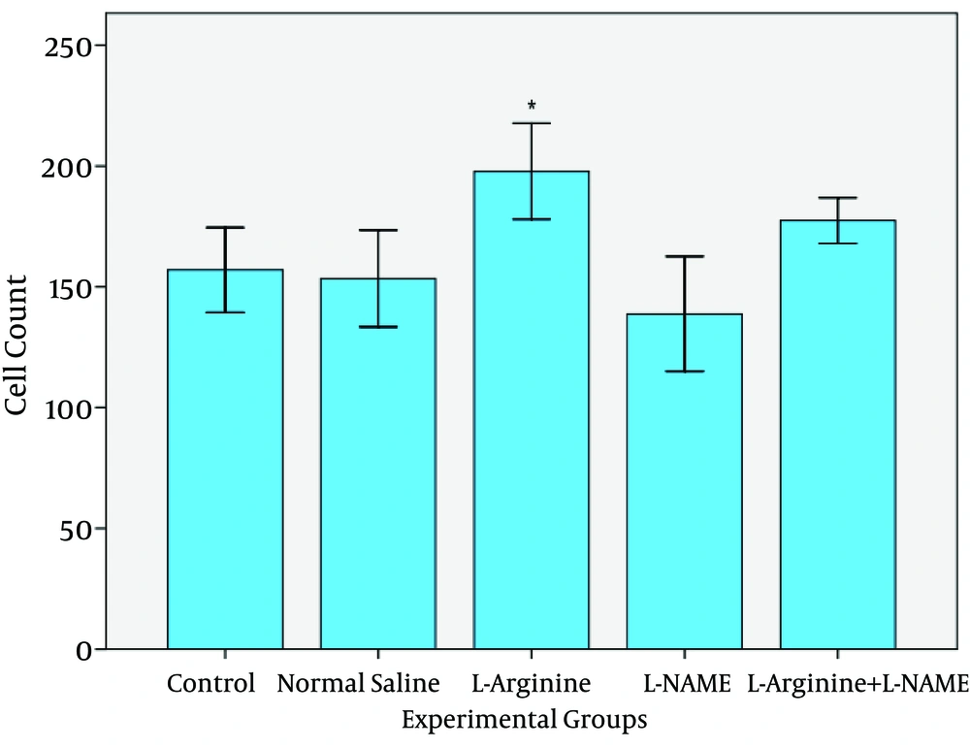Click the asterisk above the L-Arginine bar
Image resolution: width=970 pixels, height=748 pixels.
(x=532, y=106)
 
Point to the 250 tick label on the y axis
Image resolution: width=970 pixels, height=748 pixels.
(x=74, y=47)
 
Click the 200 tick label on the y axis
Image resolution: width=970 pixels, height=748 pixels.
(x=74, y=167)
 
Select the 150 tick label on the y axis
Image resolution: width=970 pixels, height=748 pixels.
(x=74, y=288)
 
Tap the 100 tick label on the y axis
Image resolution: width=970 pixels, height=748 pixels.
(x=74, y=408)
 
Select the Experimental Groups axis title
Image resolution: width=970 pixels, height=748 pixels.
(x=525, y=721)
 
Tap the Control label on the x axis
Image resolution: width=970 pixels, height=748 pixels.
(x=211, y=683)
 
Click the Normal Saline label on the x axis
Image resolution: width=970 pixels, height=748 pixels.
(x=358, y=683)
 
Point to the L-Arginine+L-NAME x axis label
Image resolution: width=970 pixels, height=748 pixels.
(x=857, y=683)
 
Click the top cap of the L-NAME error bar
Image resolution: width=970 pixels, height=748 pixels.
(x=685, y=256)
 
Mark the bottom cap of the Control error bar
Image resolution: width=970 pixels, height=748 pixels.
(x=225, y=312)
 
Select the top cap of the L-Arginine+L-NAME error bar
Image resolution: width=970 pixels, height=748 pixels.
(x=838, y=198)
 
